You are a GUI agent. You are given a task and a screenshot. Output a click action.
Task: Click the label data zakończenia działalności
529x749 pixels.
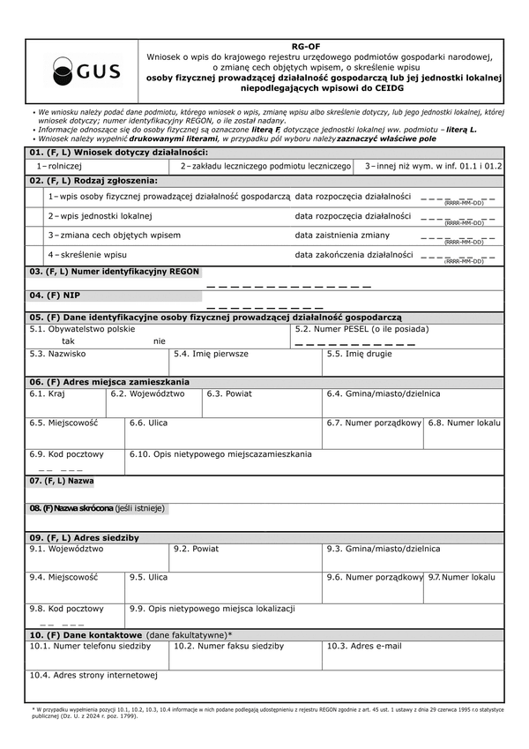(x=354, y=255)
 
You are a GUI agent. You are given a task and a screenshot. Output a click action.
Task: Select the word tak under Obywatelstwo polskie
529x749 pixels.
(x=69, y=341)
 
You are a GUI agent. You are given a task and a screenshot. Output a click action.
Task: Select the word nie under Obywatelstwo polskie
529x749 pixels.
(x=159, y=341)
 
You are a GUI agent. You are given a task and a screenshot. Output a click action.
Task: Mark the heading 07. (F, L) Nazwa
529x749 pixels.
(x=62, y=481)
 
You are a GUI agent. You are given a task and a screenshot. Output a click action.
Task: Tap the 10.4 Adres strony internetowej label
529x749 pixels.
(x=93, y=676)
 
